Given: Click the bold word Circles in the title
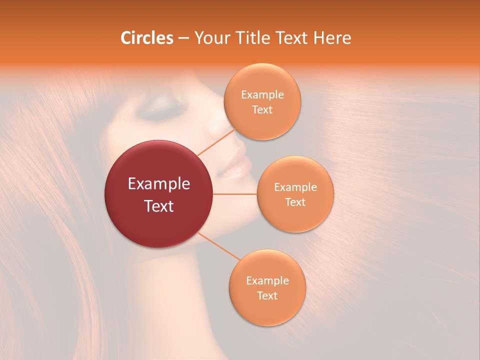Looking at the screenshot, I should pos(146,38).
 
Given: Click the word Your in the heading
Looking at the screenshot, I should pos(210,38).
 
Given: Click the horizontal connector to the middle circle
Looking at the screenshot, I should pos(235,194).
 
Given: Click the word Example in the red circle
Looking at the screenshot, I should pos(159,184).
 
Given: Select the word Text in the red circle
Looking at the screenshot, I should pos(159,205).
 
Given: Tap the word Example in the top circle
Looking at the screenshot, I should pos(262,95).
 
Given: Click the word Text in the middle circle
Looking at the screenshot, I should pos(295,202).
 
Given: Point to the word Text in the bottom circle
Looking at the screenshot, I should pos(267,295).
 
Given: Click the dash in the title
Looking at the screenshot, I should pos(183,38).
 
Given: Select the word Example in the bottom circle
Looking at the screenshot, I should pos(267,280).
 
